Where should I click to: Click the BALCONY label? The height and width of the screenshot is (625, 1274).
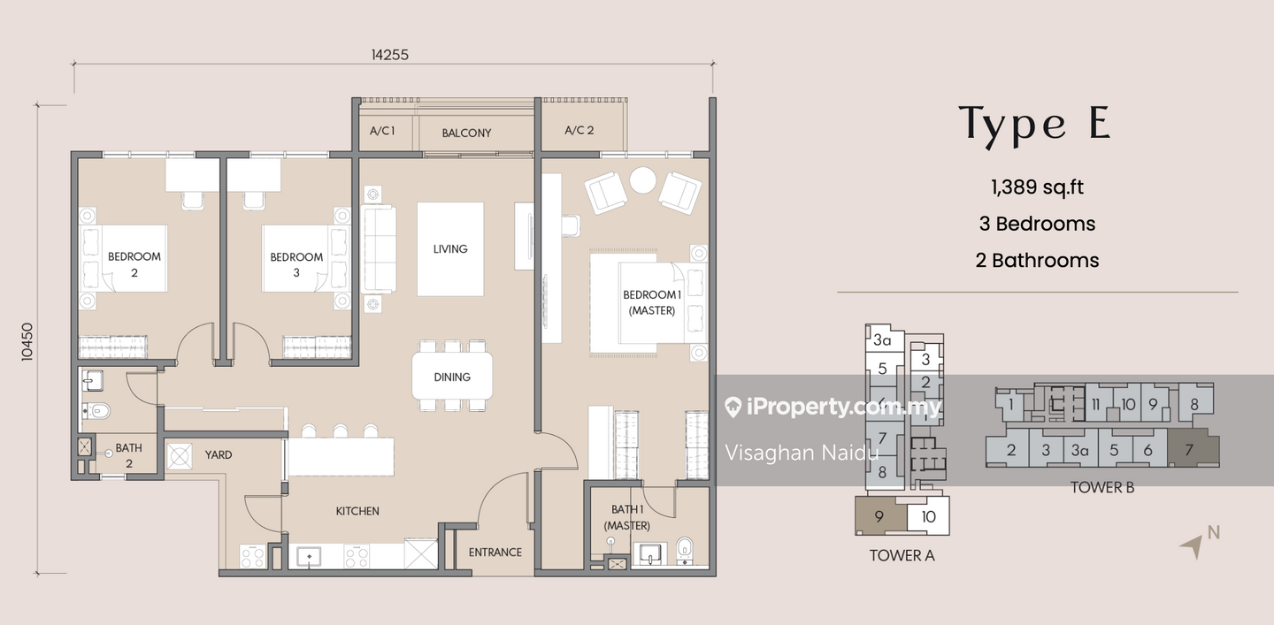[466, 133]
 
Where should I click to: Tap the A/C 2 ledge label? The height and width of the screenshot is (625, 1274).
[579, 130]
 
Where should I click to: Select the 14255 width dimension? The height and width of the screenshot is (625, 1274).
[389, 55]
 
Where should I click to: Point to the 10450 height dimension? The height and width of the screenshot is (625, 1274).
[27, 341]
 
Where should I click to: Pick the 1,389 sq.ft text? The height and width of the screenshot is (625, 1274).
[1037, 187]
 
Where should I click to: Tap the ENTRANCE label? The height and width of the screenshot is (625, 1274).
[495, 553]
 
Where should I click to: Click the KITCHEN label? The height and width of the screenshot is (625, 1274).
[357, 511]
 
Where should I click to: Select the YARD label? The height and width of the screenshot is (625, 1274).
[219, 454]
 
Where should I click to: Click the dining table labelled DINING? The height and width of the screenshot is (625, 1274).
[452, 376]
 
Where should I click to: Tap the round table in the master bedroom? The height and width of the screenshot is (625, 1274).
[642, 180]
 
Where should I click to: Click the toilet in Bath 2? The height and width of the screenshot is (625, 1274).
[96, 410]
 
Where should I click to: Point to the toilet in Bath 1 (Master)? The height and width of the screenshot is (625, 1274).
[685, 550]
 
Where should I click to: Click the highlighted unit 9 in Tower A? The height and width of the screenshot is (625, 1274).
[879, 516]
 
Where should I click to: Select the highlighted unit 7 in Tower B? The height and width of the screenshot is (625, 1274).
[1192, 449]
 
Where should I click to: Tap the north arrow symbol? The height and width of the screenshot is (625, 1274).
[1192, 546]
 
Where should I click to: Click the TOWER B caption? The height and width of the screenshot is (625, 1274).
[1102, 487]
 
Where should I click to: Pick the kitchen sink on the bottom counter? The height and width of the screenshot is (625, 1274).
[309, 556]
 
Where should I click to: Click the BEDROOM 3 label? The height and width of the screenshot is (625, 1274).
[296, 264]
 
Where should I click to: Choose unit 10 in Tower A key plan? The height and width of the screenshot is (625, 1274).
[928, 516]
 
